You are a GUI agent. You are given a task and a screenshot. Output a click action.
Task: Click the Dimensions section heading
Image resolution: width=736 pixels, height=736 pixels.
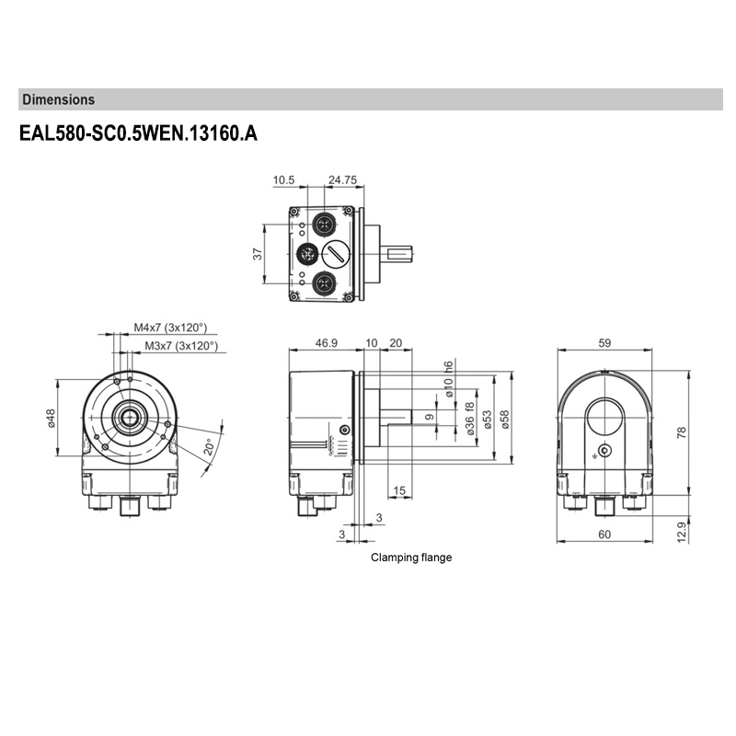pyautogui.click(x=58, y=99)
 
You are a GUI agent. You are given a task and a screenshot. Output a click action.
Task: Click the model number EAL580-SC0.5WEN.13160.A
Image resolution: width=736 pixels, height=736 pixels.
pyautogui.click(x=138, y=133)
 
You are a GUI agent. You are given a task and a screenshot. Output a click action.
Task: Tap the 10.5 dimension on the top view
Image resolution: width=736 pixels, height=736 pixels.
pyautogui.click(x=283, y=180)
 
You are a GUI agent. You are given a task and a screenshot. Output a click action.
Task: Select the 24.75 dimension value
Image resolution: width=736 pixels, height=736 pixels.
pyautogui.click(x=342, y=180)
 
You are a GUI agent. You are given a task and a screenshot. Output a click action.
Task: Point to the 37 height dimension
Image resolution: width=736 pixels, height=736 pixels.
pyautogui.click(x=259, y=253)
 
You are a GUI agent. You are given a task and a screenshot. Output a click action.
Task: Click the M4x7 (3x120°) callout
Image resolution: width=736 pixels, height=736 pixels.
pyautogui.click(x=170, y=328)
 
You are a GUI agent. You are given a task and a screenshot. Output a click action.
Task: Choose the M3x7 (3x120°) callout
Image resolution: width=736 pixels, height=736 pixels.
pyautogui.click(x=181, y=346)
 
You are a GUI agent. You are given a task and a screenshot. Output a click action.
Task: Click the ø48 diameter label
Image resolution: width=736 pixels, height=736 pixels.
pyautogui.click(x=52, y=418)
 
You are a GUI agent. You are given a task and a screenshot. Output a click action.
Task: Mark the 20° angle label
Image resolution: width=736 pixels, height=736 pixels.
pyautogui.click(x=210, y=448)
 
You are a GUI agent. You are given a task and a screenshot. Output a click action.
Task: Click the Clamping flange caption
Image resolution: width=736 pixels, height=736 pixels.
pyautogui.click(x=411, y=558)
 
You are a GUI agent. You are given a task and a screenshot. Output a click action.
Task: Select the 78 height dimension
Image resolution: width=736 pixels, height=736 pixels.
pyautogui.click(x=682, y=432)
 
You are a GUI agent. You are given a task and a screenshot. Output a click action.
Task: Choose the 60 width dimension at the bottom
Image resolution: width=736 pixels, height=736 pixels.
pyautogui.click(x=604, y=535)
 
